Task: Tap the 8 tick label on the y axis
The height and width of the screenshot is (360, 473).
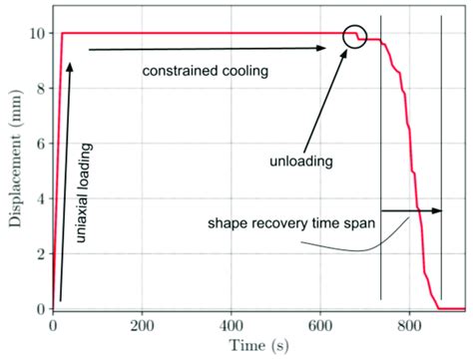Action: [37, 88]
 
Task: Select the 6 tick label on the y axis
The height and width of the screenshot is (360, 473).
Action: [37, 144]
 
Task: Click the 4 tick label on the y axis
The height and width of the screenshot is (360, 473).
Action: [37, 198]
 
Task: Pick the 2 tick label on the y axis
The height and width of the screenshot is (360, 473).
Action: [37, 254]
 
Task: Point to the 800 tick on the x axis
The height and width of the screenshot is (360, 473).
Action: [409, 324]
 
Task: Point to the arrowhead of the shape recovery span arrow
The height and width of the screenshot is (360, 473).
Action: [438, 210]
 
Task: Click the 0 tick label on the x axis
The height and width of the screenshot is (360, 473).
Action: [53, 324]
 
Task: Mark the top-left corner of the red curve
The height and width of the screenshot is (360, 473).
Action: [63, 33]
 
